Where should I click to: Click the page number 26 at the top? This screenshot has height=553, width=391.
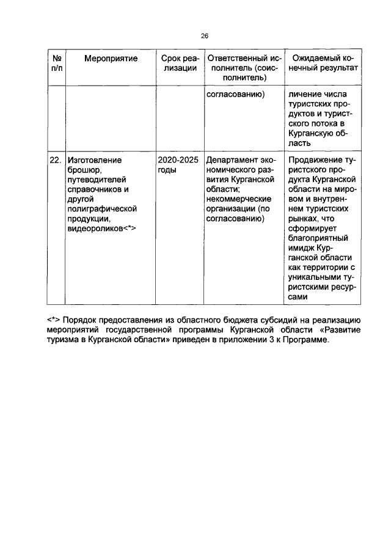click(x=195, y=36)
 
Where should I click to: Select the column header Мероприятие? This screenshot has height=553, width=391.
click(x=111, y=59)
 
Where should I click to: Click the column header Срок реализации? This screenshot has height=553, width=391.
click(x=179, y=64)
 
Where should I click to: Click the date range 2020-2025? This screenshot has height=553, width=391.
click(x=178, y=160)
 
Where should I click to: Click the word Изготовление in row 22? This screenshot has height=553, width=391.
click(x=95, y=160)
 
